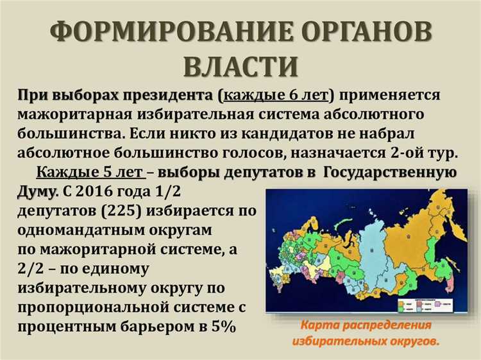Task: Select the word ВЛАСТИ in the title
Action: click(x=240, y=67)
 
